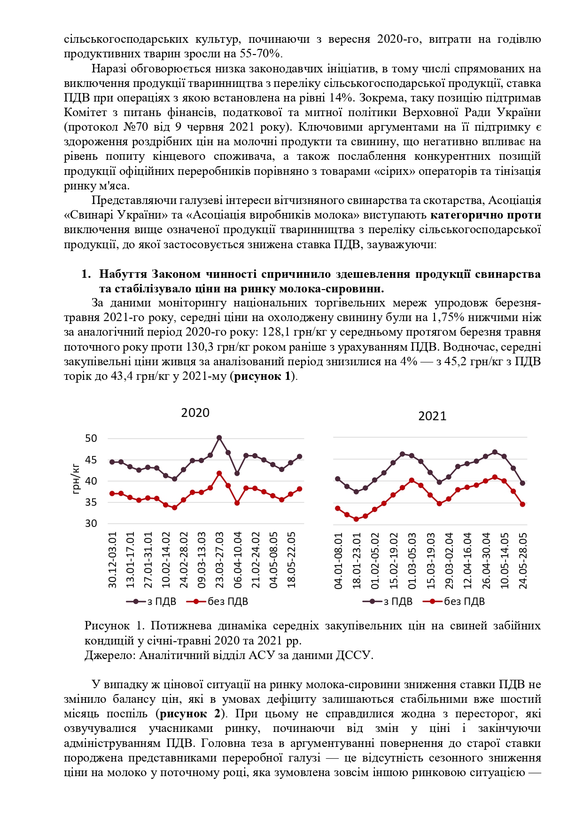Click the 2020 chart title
pos(195,413)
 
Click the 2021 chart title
pos(432,416)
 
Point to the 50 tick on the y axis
pos(91,439)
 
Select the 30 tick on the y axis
pos(91,523)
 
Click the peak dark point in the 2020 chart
pos(219,438)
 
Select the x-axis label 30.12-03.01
pos(113,560)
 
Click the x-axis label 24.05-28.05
pos(523,561)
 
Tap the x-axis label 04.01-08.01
pos(339,561)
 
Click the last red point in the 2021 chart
pos(522,504)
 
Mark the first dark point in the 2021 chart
pos(337,479)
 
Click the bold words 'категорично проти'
pos(485,215)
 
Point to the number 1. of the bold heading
pos(86,274)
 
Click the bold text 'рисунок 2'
pos(190,714)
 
